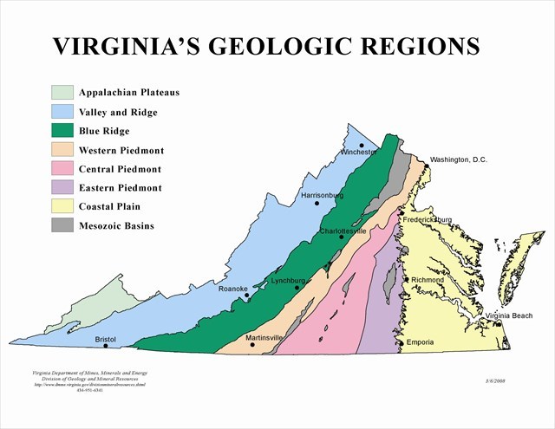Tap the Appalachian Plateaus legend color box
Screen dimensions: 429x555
point(62,92)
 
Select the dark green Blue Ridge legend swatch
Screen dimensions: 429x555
point(62,130)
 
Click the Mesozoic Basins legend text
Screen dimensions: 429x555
point(115,226)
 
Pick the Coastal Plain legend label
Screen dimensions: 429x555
point(109,207)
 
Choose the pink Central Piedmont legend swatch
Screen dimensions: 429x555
point(62,168)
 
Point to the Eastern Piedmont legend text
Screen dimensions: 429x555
point(120,188)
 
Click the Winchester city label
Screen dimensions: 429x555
point(359,153)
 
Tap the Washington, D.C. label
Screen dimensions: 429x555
point(465,160)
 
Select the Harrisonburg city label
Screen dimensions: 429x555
point(323,196)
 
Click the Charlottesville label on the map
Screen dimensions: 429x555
point(343,231)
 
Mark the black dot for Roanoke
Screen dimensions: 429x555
point(247,296)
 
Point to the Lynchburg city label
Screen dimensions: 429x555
point(289,281)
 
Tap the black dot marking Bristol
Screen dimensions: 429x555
point(106,346)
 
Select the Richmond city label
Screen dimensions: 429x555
point(428,280)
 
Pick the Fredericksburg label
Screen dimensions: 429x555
point(428,220)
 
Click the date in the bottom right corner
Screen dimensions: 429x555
point(496,380)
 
